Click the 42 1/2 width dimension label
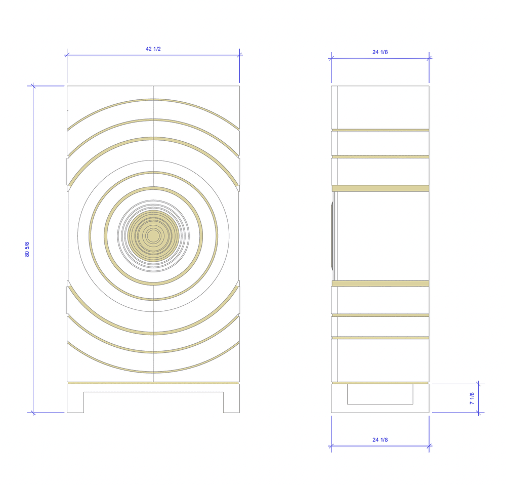click(153, 49)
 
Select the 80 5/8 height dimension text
click(27, 249)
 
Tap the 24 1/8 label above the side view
click(380, 52)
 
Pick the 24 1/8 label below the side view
click(380, 440)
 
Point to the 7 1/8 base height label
click(472, 398)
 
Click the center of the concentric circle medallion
click(153, 235)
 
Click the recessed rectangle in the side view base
click(379, 394)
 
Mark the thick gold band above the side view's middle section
click(380, 188)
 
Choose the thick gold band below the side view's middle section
click(380, 284)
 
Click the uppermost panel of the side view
click(380, 107)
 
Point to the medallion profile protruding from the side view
click(332, 235)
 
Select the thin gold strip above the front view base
click(153, 383)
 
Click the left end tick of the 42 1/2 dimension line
click(67, 55)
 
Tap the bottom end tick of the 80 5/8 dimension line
click(33, 413)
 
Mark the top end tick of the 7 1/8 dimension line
click(479, 384)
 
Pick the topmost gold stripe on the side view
click(380, 130)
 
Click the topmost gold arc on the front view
click(153, 100)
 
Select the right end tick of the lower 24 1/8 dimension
click(429, 446)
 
